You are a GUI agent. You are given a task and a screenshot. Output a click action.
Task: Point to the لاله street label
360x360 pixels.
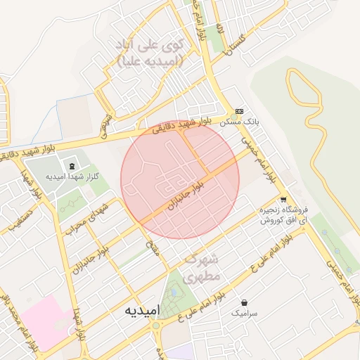[219, 29]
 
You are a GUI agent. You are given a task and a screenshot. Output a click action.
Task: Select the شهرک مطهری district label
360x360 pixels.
[202, 269]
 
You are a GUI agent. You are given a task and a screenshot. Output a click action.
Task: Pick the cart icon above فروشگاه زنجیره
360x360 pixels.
[283, 200]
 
